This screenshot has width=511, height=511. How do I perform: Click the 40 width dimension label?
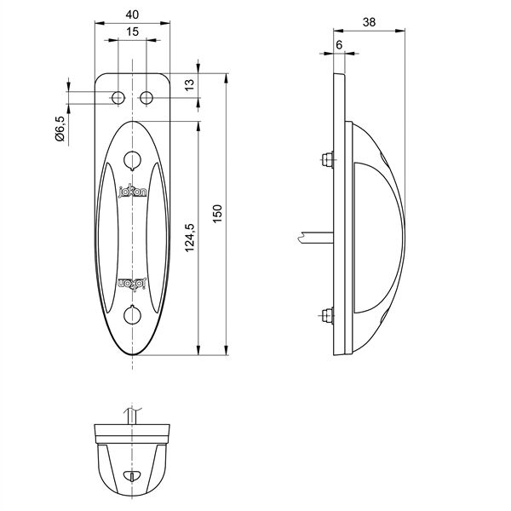pos(132,14)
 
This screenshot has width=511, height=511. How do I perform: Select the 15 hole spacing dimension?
pos(132,32)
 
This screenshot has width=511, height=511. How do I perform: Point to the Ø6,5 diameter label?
pos(60,129)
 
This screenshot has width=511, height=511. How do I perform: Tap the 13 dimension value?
pos(189,84)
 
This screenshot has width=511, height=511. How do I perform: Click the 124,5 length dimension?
pos(190,238)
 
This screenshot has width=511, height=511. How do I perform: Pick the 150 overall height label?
pos(217,214)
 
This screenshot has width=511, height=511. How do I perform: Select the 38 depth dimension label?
pos(369,22)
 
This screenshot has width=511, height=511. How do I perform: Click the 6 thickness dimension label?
pos(339,45)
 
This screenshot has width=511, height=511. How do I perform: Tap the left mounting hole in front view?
pos(118,97)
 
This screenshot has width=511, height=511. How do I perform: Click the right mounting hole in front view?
pos(146,97)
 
